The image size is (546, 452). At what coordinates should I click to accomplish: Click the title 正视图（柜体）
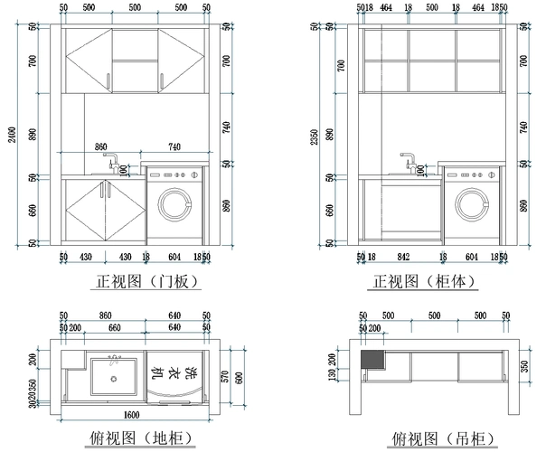[424, 281]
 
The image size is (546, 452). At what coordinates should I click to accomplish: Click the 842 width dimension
[403, 257]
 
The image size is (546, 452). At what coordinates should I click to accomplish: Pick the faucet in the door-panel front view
[111, 164]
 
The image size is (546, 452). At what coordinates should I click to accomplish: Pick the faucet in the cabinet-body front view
[408, 164]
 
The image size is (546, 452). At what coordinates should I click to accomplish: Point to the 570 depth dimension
[221, 376]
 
